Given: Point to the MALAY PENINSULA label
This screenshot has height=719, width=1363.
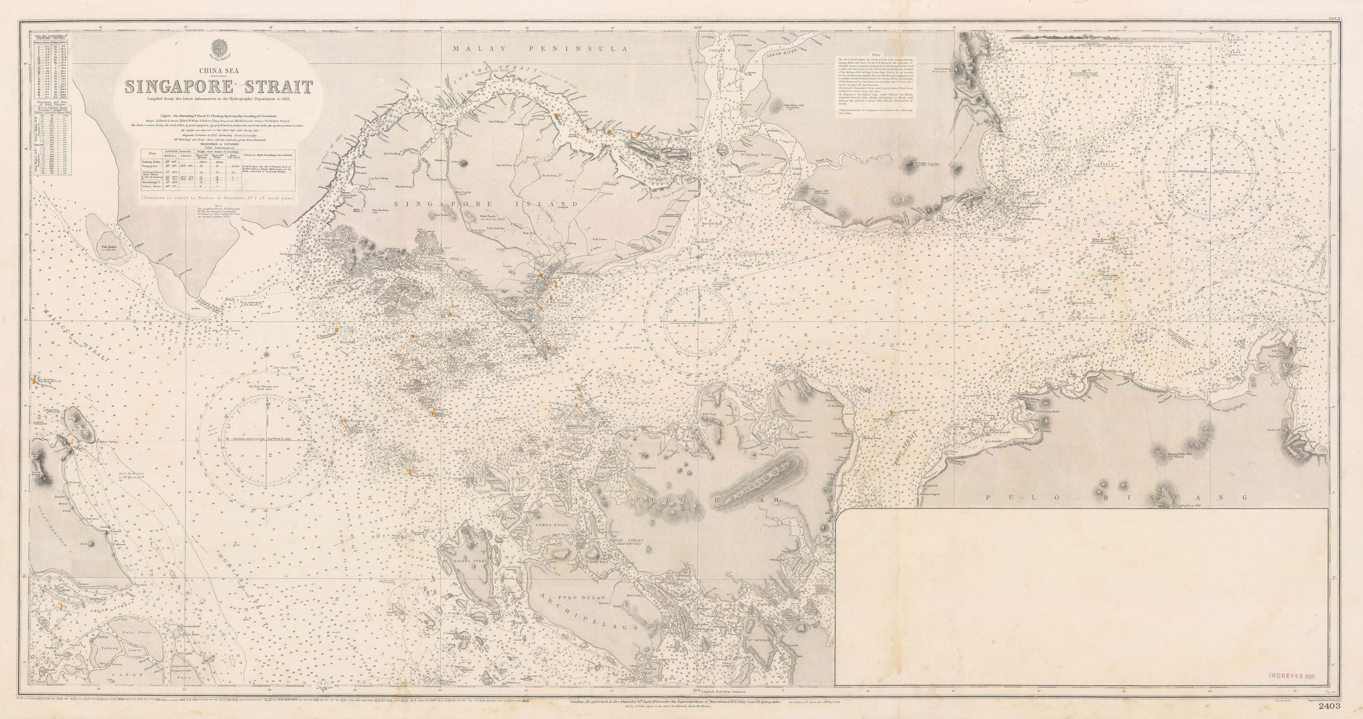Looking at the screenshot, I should pyautogui.click(x=540, y=49).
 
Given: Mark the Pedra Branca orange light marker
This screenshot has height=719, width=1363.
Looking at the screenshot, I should pyautogui.click(x=1113, y=239).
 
